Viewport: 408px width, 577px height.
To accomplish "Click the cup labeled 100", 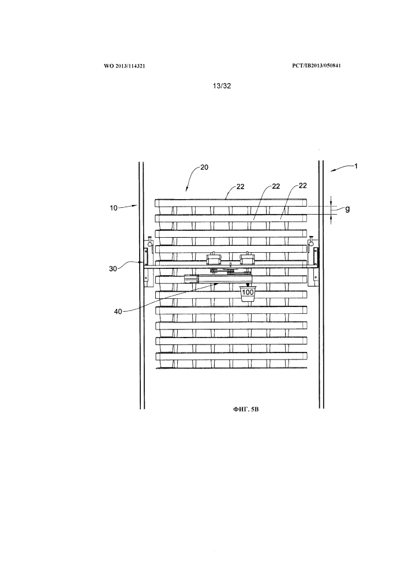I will (x=248, y=293).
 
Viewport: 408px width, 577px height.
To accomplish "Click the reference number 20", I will (x=204, y=168).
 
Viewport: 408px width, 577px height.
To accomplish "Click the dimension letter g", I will (x=347, y=209).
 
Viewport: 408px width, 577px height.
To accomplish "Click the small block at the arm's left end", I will (x=189, y=279).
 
